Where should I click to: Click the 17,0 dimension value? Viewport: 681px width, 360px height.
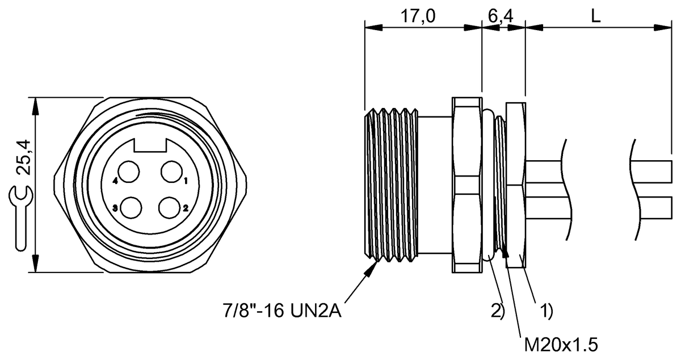click(419, 16)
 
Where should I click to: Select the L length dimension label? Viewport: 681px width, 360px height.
click(595, 16)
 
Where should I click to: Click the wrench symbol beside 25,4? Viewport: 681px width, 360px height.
click(20, 216)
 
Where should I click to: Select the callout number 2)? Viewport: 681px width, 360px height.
click(497, 311)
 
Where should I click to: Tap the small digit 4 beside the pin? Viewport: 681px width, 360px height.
click(115, 182)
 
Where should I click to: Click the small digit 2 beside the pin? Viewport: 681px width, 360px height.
click(186, 208)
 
